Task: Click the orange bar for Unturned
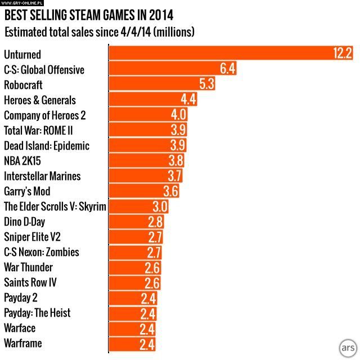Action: tap(225, 54)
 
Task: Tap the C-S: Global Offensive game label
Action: tap(44, 70)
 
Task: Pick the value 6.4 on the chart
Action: tap(227, 69)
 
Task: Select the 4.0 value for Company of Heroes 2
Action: tap(178, 115)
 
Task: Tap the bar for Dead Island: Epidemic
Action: tap(141, 146)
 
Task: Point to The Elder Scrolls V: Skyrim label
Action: tap(55, 206)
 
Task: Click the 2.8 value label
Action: tap(155, 222)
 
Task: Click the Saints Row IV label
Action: tap(30, 282)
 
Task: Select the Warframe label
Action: tap(22, 343)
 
